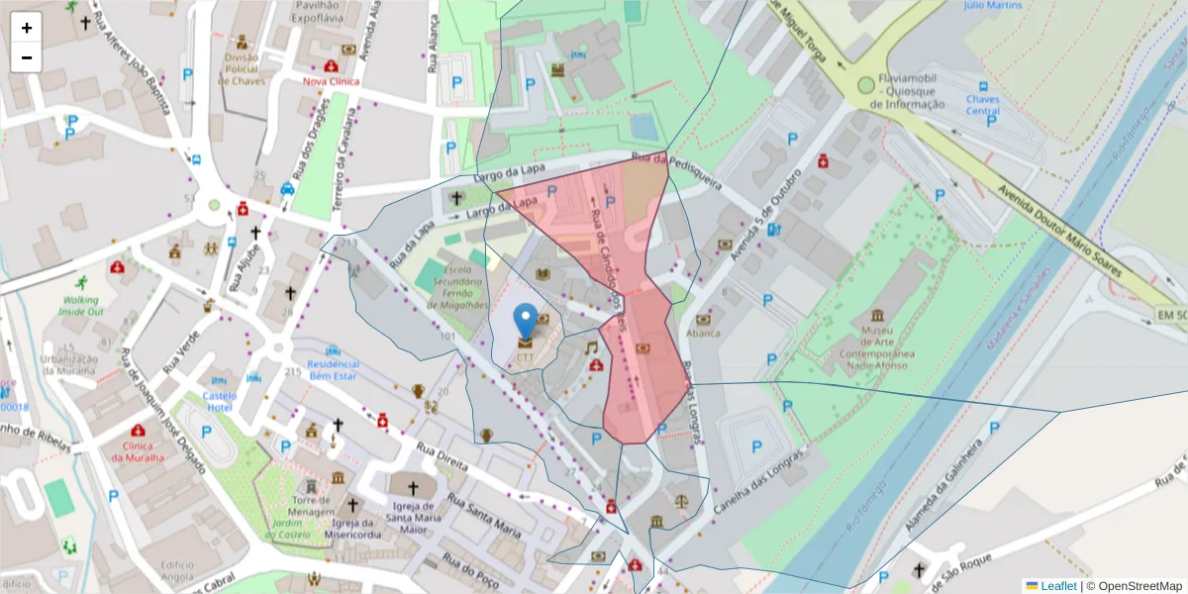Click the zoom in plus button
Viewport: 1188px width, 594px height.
[27, 28]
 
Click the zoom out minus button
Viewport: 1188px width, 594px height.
[27, 57]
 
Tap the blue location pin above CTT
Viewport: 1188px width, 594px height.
[526, 321]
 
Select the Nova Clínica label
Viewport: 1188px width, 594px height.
[331, 81]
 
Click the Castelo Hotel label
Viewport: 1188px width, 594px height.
[219, 401]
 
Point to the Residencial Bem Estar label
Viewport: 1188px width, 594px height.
[333, 369]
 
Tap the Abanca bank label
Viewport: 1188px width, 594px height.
[703, 334]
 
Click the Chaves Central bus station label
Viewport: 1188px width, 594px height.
[982, 105]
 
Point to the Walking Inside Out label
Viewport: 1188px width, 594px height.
[80, 305]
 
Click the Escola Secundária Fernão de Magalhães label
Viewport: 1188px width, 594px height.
[456, 287]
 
